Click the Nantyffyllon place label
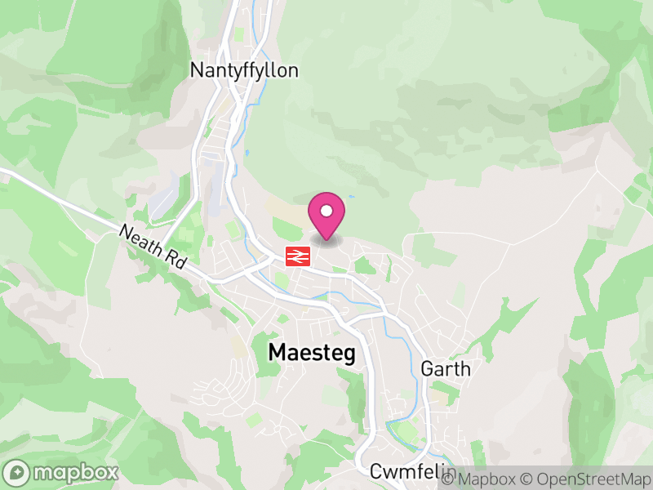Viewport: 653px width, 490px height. point(244,70)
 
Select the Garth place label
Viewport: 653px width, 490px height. point(446,368)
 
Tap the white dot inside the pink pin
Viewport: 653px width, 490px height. point(326,212)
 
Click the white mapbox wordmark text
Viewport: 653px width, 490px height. point(74,473)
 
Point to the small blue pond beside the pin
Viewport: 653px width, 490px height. point(352,197)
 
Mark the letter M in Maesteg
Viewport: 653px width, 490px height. point(278,353)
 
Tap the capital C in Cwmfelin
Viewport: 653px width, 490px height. point(376,471)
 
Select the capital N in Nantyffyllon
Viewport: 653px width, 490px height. point(197,70)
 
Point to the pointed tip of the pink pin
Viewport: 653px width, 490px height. point(326,240)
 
